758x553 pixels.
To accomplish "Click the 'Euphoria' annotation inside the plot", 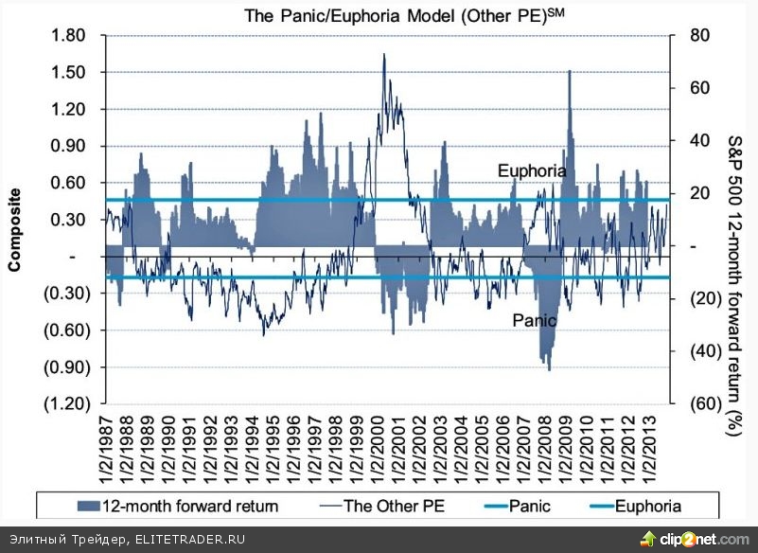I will pos(532,171).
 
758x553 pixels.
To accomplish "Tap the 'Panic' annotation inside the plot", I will pos(533,320).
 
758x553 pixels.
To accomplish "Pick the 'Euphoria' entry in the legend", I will pos(647,507).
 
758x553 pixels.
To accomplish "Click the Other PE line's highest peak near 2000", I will pos(383,55).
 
